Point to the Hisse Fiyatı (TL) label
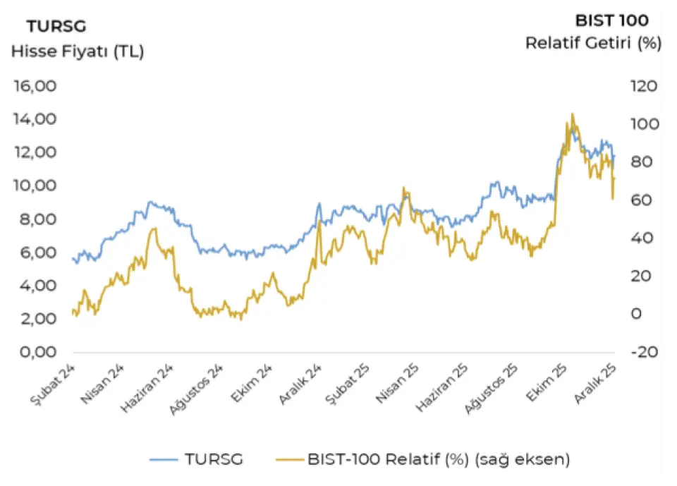tap(77, 51)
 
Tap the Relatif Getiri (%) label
tap(593, 43)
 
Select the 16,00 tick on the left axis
tap(35, 86)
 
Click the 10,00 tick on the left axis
tap(35, 186)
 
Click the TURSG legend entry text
tap(214, 459)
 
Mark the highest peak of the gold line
tap(572, 114)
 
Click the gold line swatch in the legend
tap(287, 459)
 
